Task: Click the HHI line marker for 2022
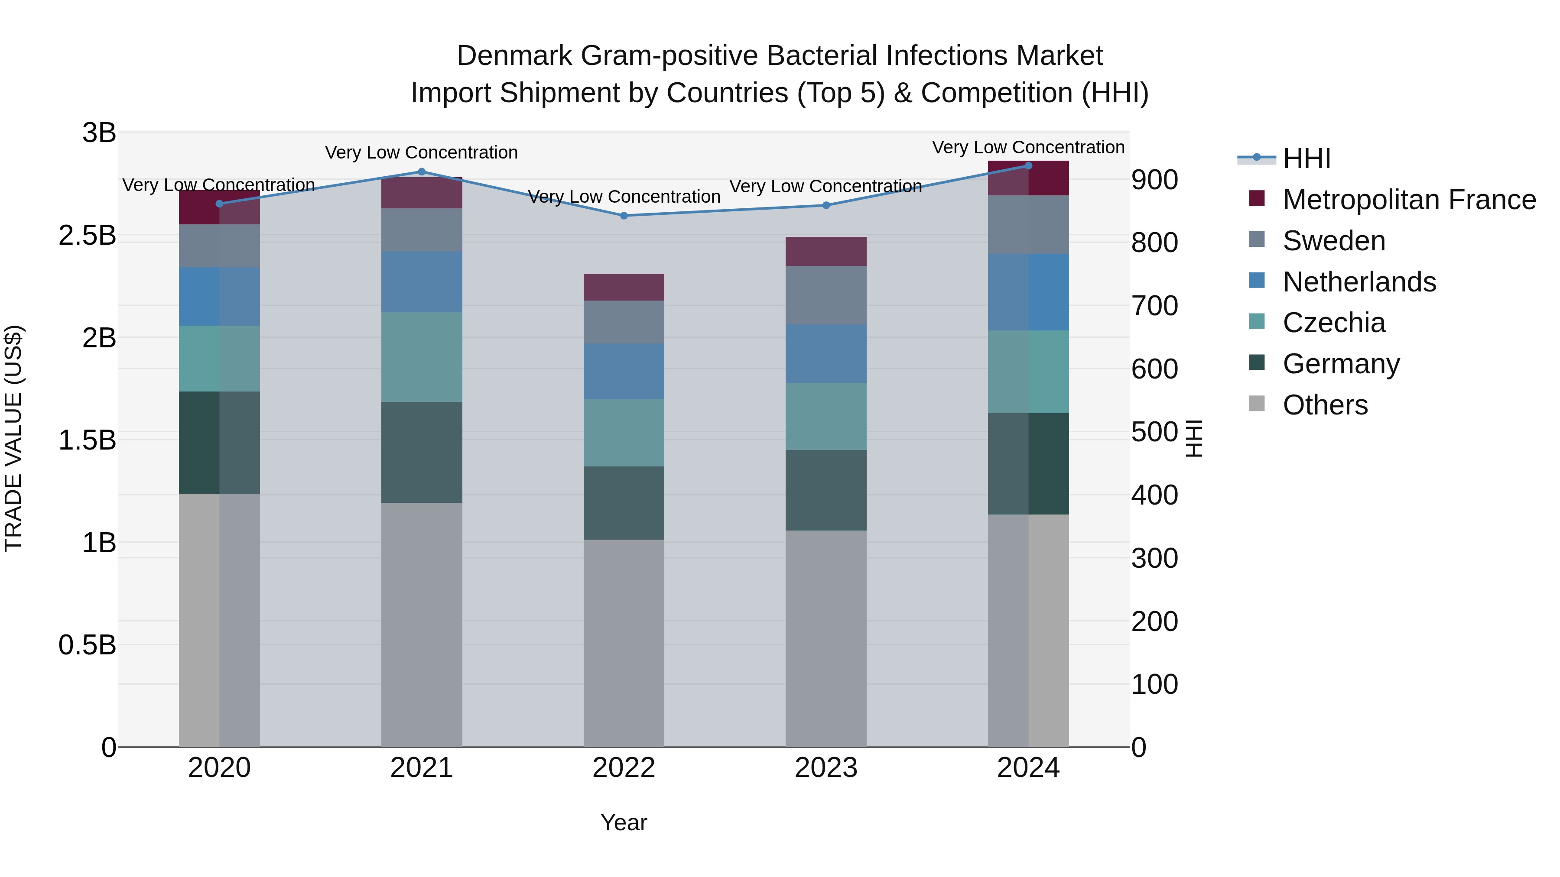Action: (x=624, y=216)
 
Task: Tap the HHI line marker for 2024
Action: (x=1028, y=165)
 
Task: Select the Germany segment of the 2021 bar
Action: (x=422, y=452)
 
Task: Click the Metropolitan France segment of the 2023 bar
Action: (x=825, y=251)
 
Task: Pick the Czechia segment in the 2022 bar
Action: (x=624, y=432)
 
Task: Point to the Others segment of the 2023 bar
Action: (x=825, y=638)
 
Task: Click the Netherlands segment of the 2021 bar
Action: (x=422, y=282)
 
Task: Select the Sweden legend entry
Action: (x=1333, y=241)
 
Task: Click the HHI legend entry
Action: (x=1306, y=159)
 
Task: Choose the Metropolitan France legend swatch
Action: (x=1257, y=198)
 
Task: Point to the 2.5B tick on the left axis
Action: (x=87, y=236)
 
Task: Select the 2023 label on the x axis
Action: (x=825, y=768)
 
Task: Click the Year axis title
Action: (x=624, y=822)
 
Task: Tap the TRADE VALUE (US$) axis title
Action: (x=13, y=439)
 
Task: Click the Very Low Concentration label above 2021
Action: (x=422, y=152)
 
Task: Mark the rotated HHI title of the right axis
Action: (x=1194, y=439)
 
